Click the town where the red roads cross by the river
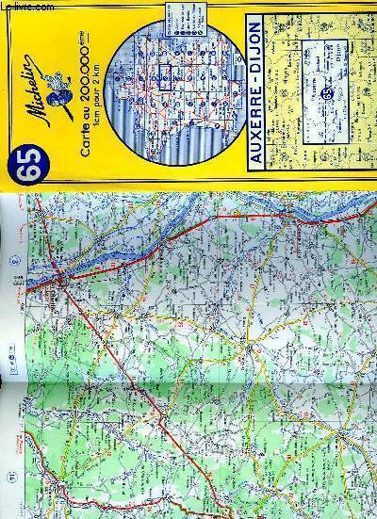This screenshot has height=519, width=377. point(60,278)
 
